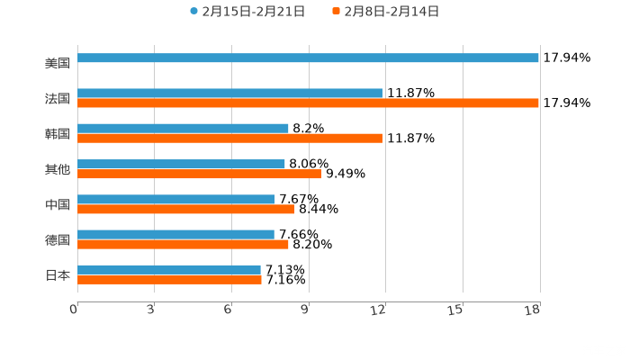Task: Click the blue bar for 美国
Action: click(x=308, y=58)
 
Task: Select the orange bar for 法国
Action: click(x=308, y=103)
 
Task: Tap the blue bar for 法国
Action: click(x=229, y=93)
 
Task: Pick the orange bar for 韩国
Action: click(x=229, y=139)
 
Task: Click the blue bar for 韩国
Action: click(x=183, y=129)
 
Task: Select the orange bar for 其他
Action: click(x=199, y=174)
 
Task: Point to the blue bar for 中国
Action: click(x=176, y=200)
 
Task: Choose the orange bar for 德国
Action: click(x=183, y=244)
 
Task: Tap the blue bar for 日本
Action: click(x=169, y=270)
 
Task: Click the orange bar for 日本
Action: click(x=169, y=280)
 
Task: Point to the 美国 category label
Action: click(x=58, y=63)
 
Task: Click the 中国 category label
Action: click(x=58, y=205)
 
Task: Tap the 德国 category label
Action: click(x=58, y=240)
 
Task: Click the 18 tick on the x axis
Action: click(x=534, y=310)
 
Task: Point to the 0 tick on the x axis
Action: click(x=74, y=310)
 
